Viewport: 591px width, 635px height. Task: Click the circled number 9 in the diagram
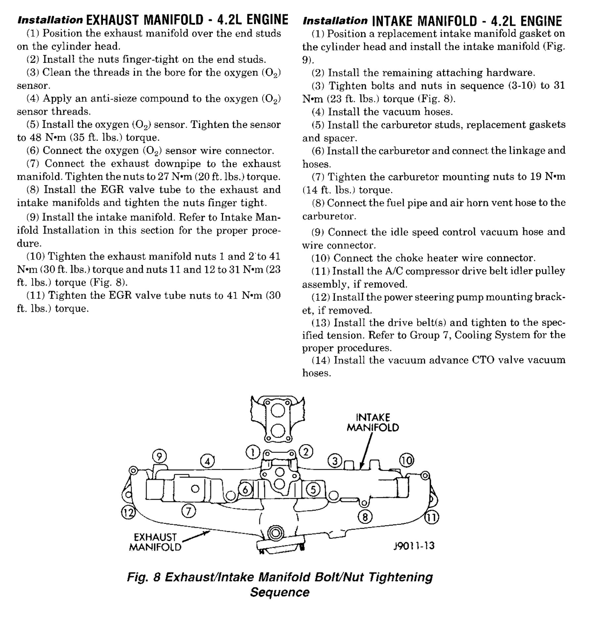point(159,457)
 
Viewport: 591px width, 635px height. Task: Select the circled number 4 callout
point(207,461)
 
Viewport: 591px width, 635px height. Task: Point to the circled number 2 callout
point(306,451)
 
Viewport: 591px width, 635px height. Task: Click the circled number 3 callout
point(335,461)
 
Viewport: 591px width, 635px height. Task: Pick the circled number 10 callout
point(407,460)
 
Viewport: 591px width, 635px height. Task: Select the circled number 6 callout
point(245,490)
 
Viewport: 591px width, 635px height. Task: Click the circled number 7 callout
point(189,511)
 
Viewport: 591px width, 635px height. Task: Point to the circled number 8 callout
point(365,517)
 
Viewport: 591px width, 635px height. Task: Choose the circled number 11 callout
point(431,518)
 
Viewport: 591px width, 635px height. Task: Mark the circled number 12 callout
point(128,513)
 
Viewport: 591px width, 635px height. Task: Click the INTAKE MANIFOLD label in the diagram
point(373,423)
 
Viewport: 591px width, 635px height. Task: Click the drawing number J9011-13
point(414,546)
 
